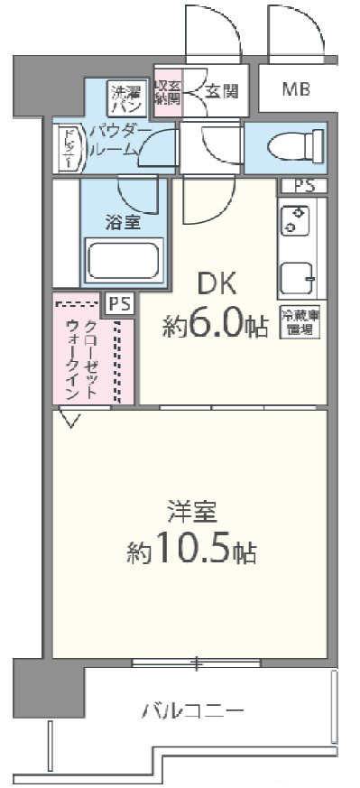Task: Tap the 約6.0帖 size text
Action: coord(217,324)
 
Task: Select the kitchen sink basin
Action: coord(295,276)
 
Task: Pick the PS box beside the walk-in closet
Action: coord(119,304)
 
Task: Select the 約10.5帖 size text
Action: coord(190,550)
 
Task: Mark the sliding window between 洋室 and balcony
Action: coord(195,663)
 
